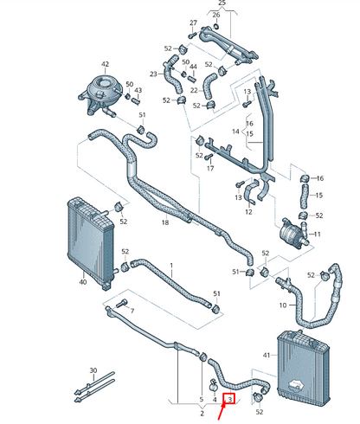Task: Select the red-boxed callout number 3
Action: (x=230, y=398)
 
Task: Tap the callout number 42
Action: (x=106, y=64)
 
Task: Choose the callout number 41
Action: (x=267, y=355)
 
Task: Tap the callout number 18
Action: (x=164, y=223)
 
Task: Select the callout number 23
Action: (x=153, y=74)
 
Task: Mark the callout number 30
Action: (x=93, y=371)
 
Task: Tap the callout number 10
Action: (x=282, y=305)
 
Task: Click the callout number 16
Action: (x=318, y=177)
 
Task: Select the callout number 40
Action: (x=82, y=281)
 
